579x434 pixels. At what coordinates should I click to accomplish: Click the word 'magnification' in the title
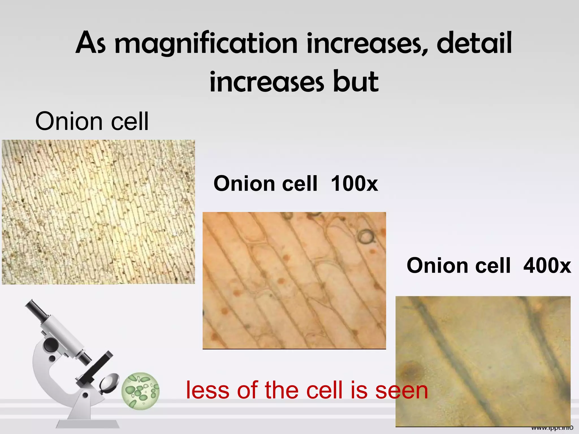(206, 44)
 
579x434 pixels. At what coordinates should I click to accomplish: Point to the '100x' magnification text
(354, 184)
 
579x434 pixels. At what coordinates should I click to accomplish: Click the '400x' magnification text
(547, 266)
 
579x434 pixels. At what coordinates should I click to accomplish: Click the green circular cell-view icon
(141, 390)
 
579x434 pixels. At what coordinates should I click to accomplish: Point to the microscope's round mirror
(109, 383)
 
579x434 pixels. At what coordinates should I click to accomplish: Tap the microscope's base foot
(88, 424)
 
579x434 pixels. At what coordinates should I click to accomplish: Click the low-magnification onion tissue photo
(98, 212)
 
